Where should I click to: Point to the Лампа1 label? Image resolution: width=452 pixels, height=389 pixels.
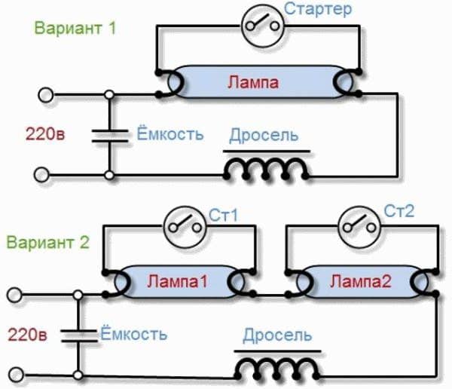[179, 282]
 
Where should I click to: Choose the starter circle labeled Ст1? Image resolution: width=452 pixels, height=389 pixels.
[181, 225]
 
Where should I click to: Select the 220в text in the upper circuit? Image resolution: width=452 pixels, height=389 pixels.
[44, 136]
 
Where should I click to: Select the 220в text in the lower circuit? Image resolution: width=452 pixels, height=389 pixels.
[29, 332]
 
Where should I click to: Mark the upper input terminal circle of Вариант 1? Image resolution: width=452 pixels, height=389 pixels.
[46, 96]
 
